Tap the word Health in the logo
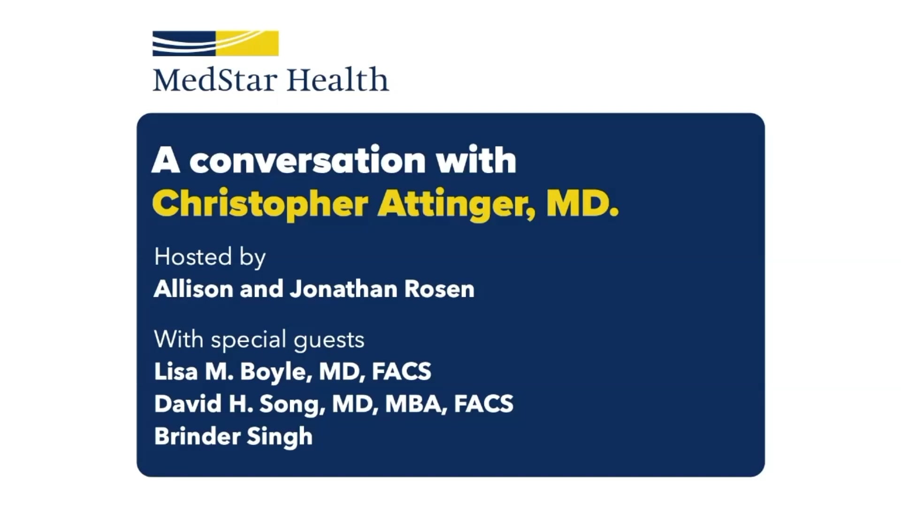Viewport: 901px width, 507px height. (337, 80)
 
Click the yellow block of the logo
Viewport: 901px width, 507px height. (247, 43)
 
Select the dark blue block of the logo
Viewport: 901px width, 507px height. (183, 43)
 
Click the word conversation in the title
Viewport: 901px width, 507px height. (307, 161)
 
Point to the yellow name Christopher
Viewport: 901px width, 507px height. (260, 205)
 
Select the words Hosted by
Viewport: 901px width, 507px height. (210, 257)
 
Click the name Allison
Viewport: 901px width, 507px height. (193, 289)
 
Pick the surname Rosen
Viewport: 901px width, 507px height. (439, 289)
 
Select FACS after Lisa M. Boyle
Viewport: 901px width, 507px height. (401, 371)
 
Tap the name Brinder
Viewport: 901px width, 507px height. (197, 436)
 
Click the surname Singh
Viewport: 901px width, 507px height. (280, 437)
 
